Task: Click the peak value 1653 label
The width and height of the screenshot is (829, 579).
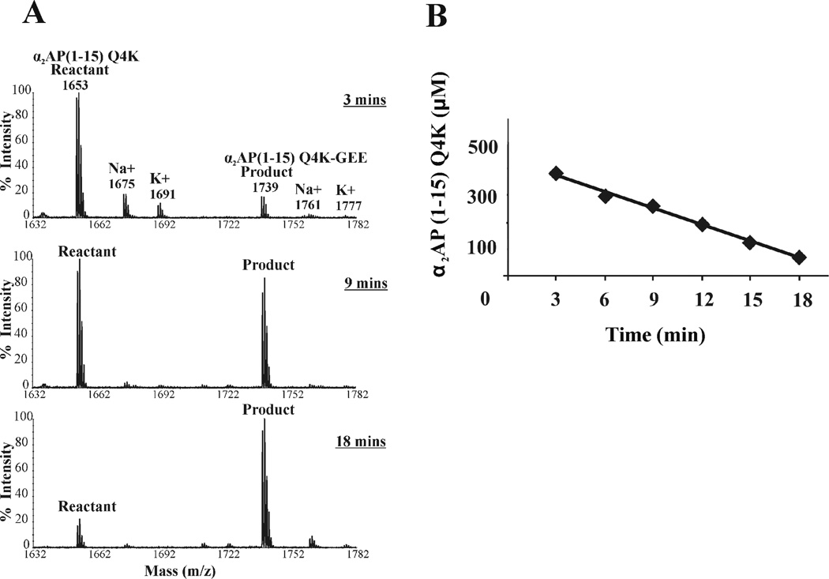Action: click(76, 85)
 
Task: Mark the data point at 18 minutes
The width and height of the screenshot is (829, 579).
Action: click(799, 258)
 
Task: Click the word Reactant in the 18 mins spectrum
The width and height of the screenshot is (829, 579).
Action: click(87, 506)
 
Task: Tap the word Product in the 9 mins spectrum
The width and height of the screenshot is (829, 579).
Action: click(268, 265)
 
